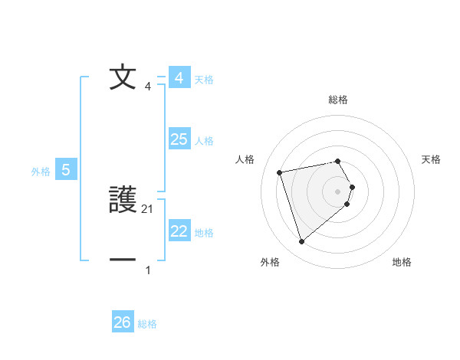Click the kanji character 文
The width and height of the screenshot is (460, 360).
coord(123,77)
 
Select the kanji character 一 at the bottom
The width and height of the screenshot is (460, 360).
coord(123,260)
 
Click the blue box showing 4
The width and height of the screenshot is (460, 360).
coord(179,78)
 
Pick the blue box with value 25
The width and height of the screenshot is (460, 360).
coord(179,139)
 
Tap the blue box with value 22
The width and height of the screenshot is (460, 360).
coord(179,231)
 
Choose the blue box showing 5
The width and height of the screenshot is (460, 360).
coord(66,170)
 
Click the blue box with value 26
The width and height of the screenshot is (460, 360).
coord(122,322)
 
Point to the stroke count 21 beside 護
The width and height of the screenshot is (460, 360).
coord(148,208)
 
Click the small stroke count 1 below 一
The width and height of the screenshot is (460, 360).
coord(148,270)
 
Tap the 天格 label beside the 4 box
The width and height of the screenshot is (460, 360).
coord(204,79)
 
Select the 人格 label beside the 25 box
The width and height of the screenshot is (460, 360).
coord(204,141)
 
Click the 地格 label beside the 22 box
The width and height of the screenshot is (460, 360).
coord(204,233)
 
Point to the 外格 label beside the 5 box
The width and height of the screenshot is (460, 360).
coord(41,172)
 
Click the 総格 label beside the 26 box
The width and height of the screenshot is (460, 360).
coord(147,324)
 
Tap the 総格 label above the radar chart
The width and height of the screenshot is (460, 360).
coord(338,100)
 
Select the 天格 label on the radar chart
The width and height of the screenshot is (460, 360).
coord(432,159)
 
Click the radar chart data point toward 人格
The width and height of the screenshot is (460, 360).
coord(279,172)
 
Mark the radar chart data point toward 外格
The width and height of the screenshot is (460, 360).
coord(301,242)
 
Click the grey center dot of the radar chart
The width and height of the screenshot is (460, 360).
coord(338,191)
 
